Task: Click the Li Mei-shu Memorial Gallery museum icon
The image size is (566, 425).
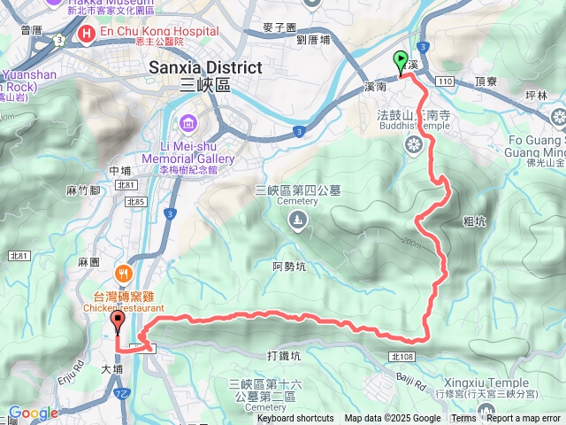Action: pos(188,123)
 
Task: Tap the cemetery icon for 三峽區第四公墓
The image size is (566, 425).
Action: pos(297,220)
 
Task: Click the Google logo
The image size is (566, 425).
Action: pos(32,413)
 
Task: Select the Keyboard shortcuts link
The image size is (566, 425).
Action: pos(295,419)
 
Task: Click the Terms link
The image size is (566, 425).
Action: pos(463,419)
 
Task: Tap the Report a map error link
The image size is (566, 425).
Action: pos(524,419)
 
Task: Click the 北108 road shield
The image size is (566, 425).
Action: pos(399,356)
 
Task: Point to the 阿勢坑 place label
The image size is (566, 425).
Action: pos(289,265)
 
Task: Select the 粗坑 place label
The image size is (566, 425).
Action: pos(474,221)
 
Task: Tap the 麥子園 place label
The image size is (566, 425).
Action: pos(279,27)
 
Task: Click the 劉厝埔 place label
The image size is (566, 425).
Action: pos(314,40)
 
